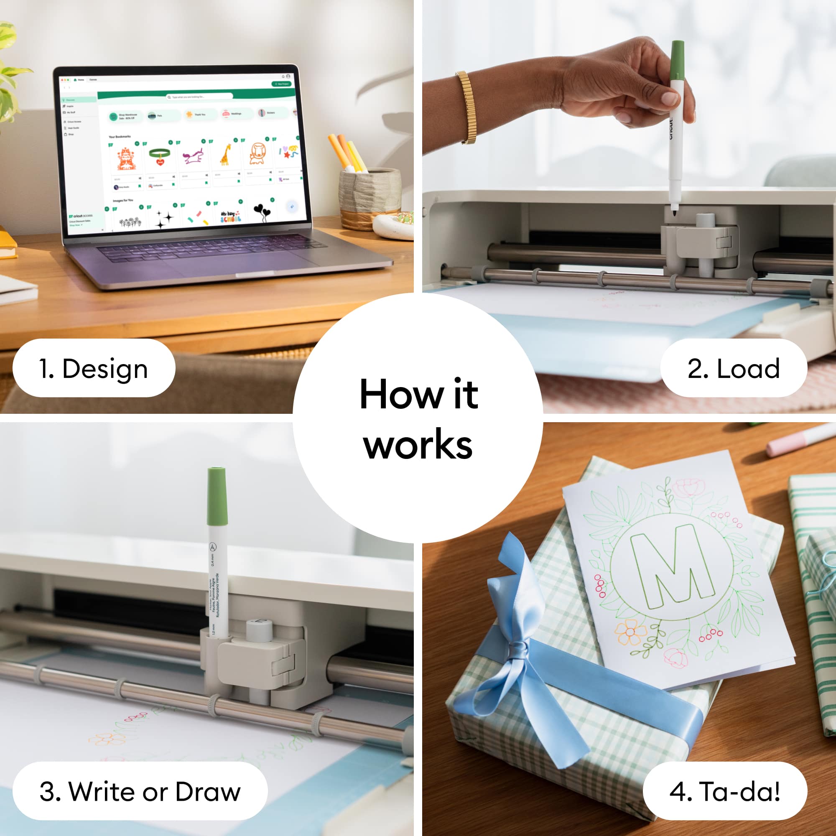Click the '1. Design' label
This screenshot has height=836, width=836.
coord(94,368)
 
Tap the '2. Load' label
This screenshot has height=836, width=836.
coord(734,368)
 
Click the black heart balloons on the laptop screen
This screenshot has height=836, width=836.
coord(261,212)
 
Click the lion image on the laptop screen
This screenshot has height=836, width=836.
coord(258,153)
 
